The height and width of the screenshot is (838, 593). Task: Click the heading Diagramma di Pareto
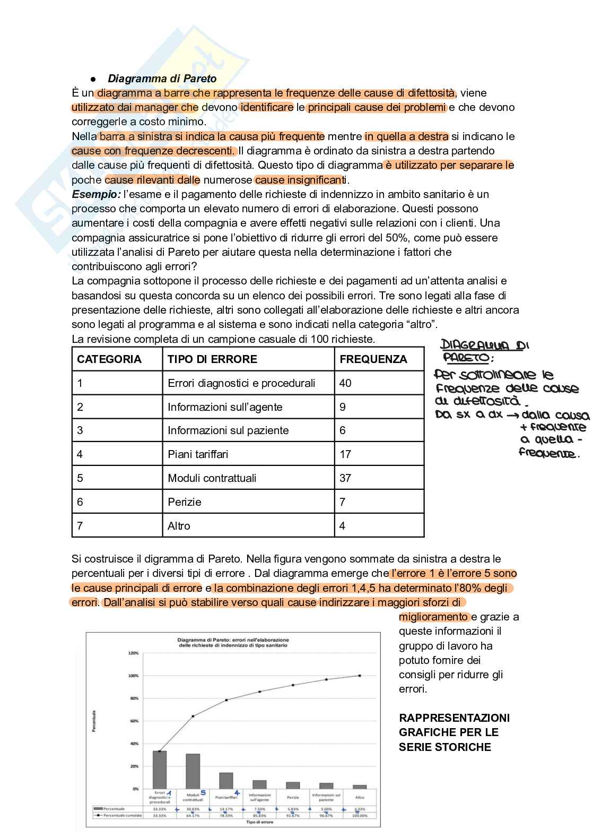click(x=162, y=79)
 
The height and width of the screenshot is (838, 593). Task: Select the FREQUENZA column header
click(x=373, y=359)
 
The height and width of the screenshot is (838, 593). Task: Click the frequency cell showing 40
click(x=345, y=383)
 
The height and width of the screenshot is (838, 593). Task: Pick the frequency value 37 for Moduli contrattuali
click(x=345, y=478)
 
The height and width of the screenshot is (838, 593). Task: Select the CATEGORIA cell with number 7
click(x=80, y=526)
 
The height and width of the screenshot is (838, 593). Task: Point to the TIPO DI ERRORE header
click(x=212, y=359)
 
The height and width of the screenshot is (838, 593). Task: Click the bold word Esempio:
click(x=96, y=194)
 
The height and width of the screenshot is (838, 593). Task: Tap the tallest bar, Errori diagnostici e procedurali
click(x=160, y=770)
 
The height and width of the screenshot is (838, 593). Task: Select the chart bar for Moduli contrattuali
click(x=193, y=771)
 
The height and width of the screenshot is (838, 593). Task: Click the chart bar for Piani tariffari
click(x=226, y=780)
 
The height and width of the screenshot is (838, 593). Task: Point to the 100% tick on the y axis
click(x=134, y=676)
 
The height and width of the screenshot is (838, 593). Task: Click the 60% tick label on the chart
click(x=134, y=721)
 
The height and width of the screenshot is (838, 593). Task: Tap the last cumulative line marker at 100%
click(x=360, y=676)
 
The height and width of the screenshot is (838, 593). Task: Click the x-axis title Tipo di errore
click(x=259, y=822)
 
